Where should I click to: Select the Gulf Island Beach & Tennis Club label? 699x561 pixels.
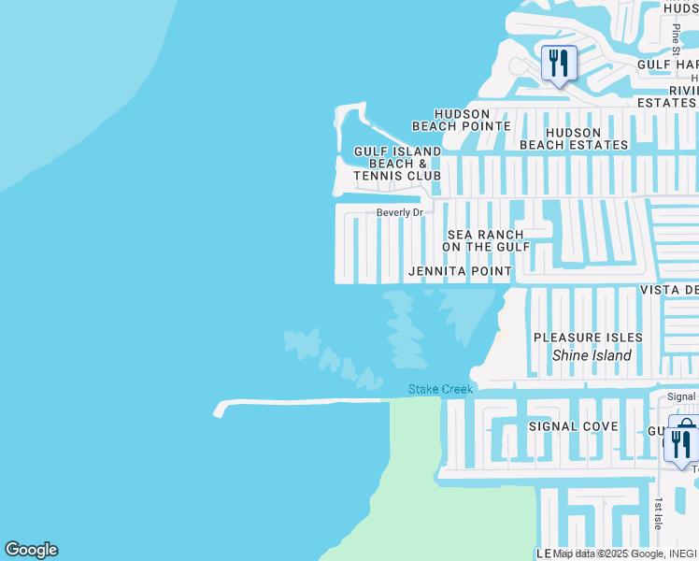pyautogui.click(x=397, y=164)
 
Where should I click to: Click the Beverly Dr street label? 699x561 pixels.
pyautogui.click(x=400, y=212)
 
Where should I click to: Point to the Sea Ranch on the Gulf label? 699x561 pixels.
pyautogui.click(x=485, y=240)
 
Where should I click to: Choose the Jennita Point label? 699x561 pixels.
pyautogui.click(x=460, y=271)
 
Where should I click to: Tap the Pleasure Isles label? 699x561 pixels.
pyautogui.click(x=588, y=337)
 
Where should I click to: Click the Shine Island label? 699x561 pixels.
pyautogui.click(x=592, y=355)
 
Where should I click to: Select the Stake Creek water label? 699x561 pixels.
pyautogui.click(x=441, y=389)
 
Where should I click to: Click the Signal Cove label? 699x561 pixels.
pyautogui.click(x=573, y=426)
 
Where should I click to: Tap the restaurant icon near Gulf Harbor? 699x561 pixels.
pyautogui.click(x=559, y=64)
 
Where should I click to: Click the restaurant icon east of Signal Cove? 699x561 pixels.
pyautogui.click(x=681, y=443)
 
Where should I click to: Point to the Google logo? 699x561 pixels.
pyautogui.click(x=31, y=550)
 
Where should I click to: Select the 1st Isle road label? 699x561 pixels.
pyautogui.click(x=658, y=512)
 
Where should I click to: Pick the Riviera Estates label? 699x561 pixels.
pyautogui.click(x=667, y=96)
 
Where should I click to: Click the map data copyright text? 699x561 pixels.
pyautogui.click(x=625, y=554)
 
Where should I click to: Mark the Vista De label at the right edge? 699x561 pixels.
pyautogui.click(x=668, y=291)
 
